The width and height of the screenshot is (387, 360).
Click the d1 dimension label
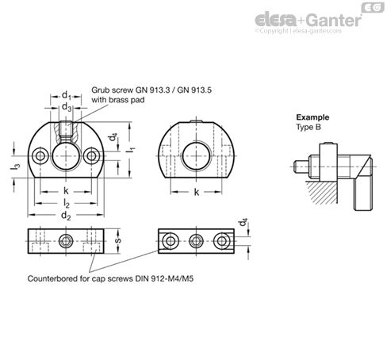click(67, 97)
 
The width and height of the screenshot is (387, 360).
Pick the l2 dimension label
click(66, 204)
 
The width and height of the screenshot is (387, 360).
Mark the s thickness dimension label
click(118, 239)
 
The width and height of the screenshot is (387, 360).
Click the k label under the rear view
click(196, 193)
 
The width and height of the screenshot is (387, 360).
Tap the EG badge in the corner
click(372, 7)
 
